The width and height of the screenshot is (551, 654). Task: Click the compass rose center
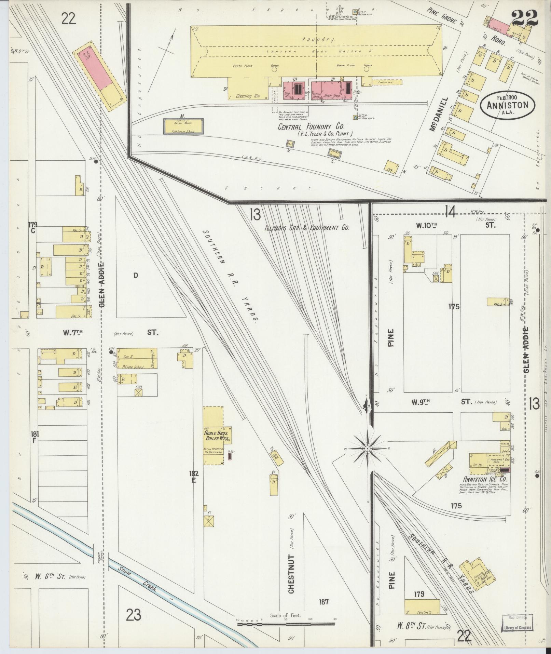coord(367,449)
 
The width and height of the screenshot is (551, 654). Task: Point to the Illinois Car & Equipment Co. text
coord(307,228)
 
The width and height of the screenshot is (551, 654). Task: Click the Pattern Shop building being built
coord(183,127)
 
